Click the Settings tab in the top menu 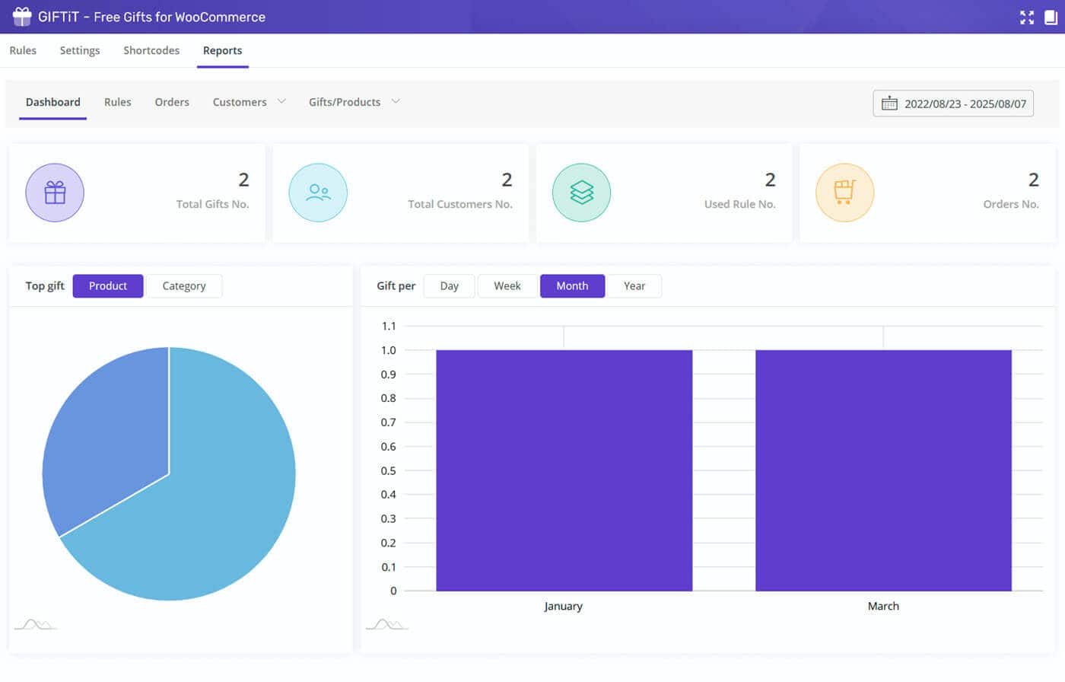(x=80, y=50)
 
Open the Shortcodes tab (x=151, y=50)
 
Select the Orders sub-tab (x=172, y=102)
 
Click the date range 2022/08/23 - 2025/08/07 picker (x=953, y=104)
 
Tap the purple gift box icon (x=55, y=193)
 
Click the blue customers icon (x=318, y=193)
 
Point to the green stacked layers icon (x=581, y=193)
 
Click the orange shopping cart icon (x=844, y=193)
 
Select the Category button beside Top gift (x=184, y=286)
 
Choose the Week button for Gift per (x=507, y=286)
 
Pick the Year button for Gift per (x=634, y=286)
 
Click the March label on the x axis (x=883, y=607)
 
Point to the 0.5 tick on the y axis (x=389, y=470)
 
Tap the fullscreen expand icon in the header (x=1027, y=17)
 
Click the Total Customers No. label (x=459, y=204)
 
